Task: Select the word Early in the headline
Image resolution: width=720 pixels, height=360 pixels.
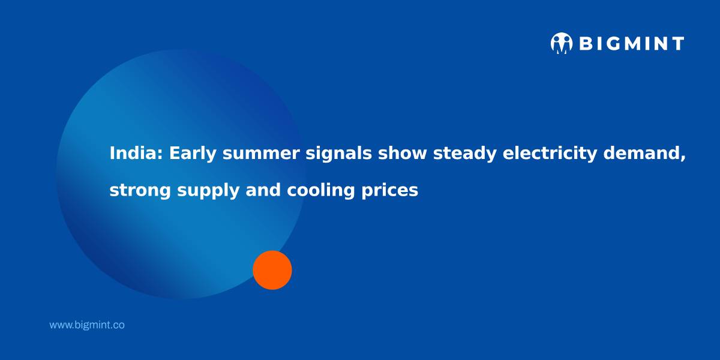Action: (x=193, y=154)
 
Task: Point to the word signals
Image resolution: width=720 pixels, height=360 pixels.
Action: (x=338, y=154)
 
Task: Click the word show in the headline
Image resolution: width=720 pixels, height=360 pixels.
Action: (x=402, y=153)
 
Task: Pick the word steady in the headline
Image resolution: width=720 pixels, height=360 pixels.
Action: (x=465, y=154)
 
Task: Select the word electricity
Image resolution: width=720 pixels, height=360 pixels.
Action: (x=550, y=154)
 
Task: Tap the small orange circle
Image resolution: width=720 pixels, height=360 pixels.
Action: (x=272, y=270)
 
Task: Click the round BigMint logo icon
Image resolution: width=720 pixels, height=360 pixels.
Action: (x=562, y=43)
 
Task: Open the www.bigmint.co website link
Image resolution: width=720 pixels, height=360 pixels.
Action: (x=87, y=325)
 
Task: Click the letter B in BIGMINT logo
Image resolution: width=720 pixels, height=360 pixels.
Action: (x=586, y=43)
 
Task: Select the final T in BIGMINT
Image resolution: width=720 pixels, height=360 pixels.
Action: (x=677, y=43)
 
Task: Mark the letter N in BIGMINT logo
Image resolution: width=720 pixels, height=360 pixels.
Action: (x=660, y=43)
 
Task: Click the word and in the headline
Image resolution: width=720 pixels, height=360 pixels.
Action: (x=263, y=190)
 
